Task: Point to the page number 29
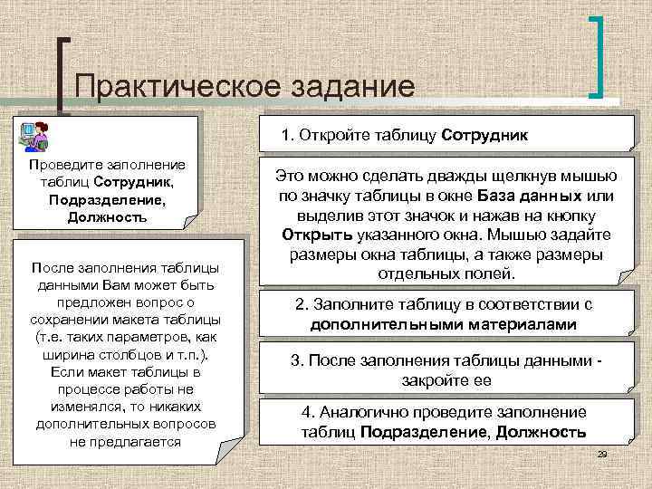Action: tap(601, 452)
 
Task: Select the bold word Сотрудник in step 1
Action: tap(484, 136)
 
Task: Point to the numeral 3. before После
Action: tap(297, 360)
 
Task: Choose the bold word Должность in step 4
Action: tap(542, 432)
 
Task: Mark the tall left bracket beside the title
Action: tap(62, 76)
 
